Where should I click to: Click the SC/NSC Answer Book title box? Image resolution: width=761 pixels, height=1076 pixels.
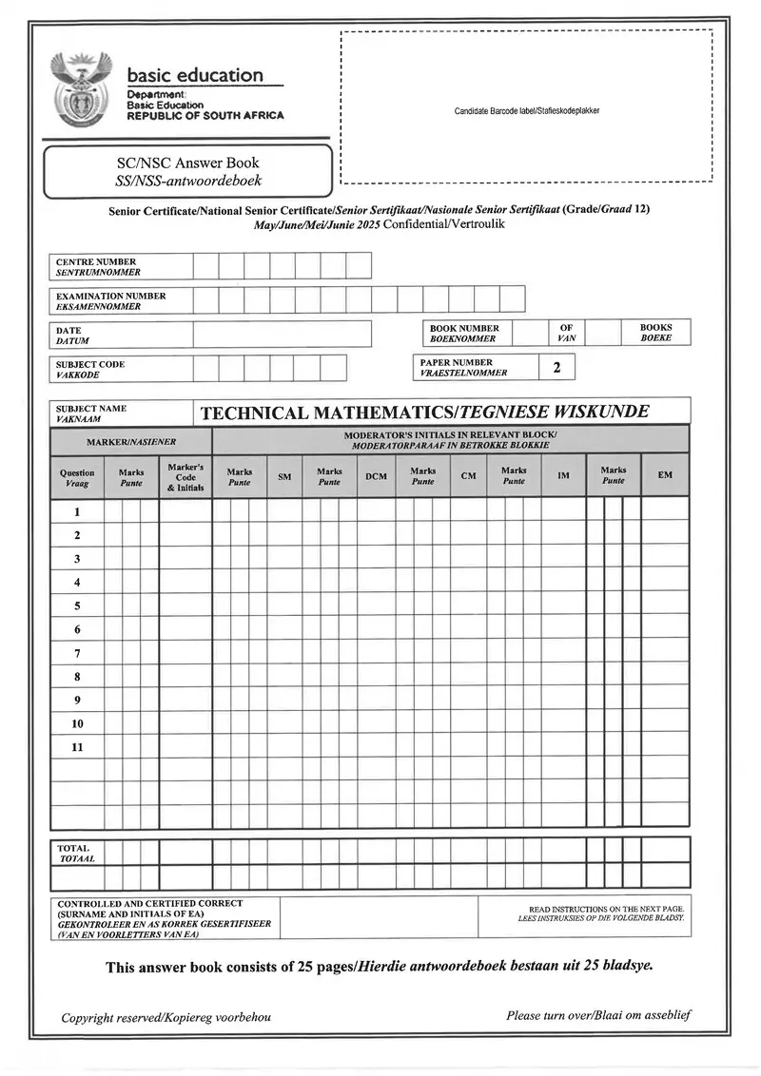pyautogui.click(x=187, y=171)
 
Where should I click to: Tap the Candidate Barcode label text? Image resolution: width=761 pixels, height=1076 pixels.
pyautogui.click(x=526, y=111)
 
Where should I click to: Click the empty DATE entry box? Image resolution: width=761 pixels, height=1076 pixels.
pyautogui.click(x=282, y=335)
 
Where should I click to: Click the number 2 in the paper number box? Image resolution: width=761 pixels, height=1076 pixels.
pyautogui.click(x=556, y=367)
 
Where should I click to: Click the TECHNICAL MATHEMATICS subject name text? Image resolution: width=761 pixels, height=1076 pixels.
pyautogui.click(x=425, y=413)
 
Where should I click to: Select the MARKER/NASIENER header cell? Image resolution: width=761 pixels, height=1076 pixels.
pyautogui.click(x=131, y=442)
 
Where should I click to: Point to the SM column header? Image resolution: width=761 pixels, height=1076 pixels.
pyautogui.click(x=284, y=475)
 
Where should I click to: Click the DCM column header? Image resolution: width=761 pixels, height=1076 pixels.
pyautogui.click(x=376, y=475)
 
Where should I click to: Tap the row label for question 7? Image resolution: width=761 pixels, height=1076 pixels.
pyautogui.click(x=77, y=653)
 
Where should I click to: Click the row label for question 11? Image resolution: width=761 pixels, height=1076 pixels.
pyautogui.click(x=77, y=747)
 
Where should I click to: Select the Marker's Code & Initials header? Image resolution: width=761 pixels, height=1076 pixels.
pyautogui.click(x=185, y=477)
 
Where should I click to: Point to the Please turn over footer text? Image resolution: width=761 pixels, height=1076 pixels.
pyautogui.click(x=598, y=1015)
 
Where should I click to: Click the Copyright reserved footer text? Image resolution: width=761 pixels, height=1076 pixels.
pyautogui.click(x=166, y=1017)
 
